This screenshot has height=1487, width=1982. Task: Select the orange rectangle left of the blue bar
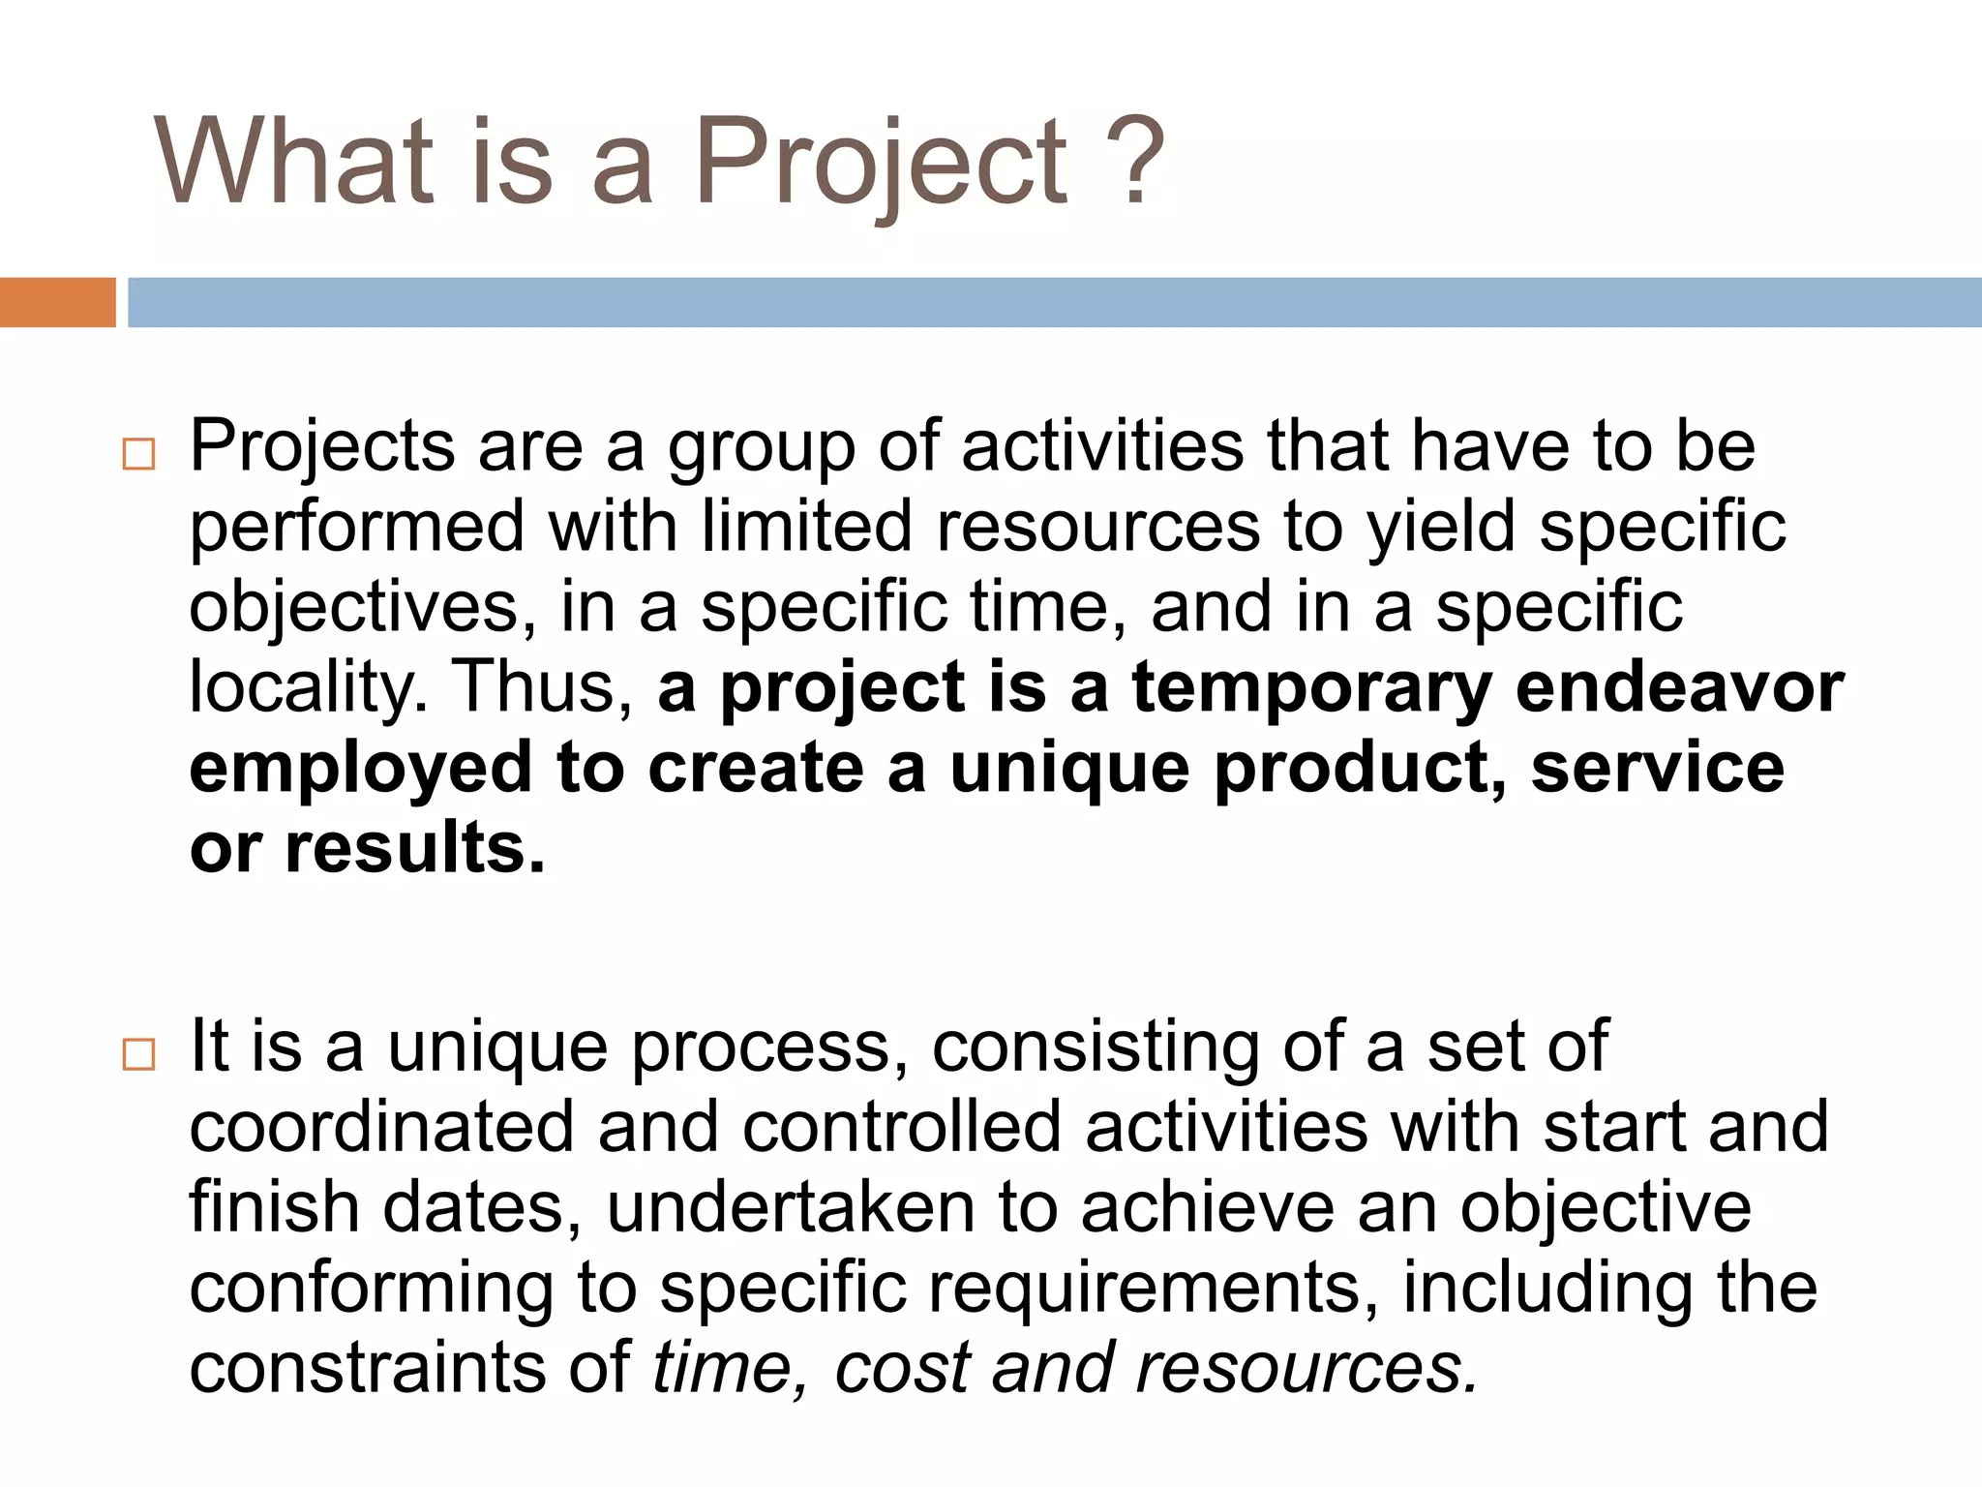pyautogui.click(x=57, y=302)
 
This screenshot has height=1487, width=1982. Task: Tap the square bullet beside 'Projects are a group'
pyautogui.click(x=139, y=454)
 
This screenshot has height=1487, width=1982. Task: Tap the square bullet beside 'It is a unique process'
pyautogui.click(x=139, y=1054)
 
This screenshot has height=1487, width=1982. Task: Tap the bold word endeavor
pyautogui.click(x=1680, y=687)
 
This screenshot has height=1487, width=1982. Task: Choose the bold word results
pyautogui.click(x=414, y=848)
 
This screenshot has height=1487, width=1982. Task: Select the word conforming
pyautogui.click(x=372, y=1290)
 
